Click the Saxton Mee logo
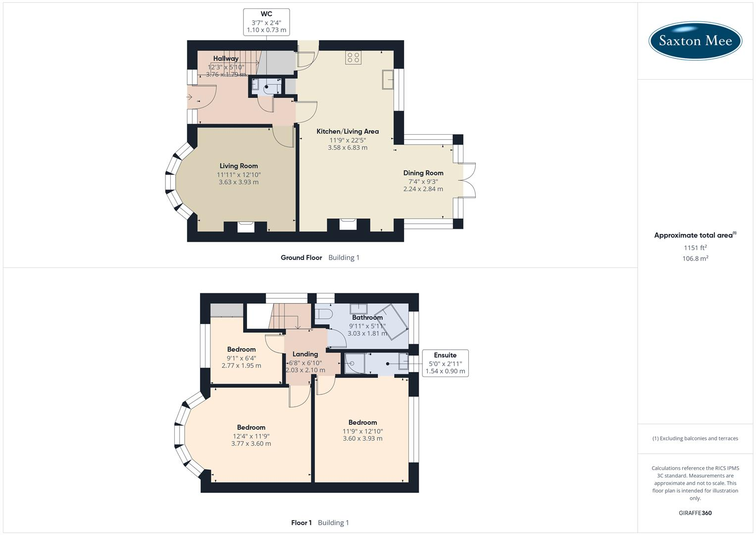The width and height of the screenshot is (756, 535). click(x=695, y=41)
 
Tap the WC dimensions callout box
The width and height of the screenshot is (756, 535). click(x=266, y=22)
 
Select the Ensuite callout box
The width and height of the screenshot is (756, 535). click(x=445, y=363)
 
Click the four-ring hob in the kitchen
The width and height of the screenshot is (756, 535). click(x=353, y=57)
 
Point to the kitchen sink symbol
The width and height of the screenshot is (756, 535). click(x=388, y=80)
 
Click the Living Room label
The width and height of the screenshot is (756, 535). click(x=239, y=166)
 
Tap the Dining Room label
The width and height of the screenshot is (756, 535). click(x=423, y=173)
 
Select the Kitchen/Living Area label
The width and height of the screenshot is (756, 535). click(x=348, y=131)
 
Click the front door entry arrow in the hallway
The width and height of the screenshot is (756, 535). click(x=189, y=97)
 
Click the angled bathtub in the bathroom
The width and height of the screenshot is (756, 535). click(x=392, y=321)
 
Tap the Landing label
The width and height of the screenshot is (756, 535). click(x=305, y=354)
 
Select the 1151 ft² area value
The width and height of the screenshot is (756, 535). click(x=695, y=248)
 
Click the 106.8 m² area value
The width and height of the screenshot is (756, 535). click(x=695, y=259)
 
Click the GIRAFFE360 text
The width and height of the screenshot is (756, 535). click(x=695, y=513)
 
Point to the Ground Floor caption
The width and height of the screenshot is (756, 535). click(x=302, y=258)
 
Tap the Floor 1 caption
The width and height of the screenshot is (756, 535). click(x=302, y=523)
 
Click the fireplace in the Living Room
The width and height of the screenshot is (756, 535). click(x=246, y=227)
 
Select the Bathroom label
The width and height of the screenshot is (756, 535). click(x=367, y=318)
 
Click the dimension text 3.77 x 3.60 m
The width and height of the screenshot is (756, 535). click(x=251, y=443)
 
